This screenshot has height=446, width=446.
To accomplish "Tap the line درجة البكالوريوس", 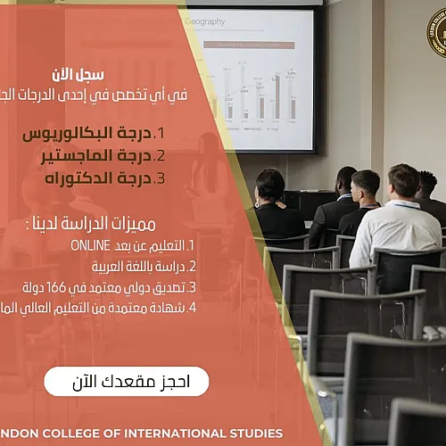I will coord(85,134).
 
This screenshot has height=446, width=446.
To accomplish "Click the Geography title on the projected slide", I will coord(205,21).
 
